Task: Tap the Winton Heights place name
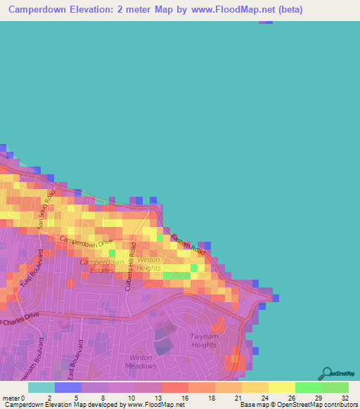pos(148,264)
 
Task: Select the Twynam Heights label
pos(204,341)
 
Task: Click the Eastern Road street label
pos(188,243)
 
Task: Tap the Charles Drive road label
pos(15,322)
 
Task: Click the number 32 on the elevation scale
pos(345,397)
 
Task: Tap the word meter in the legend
pos(11,397)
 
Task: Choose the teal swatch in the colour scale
pos(41,387)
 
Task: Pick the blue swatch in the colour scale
pos(68,387)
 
